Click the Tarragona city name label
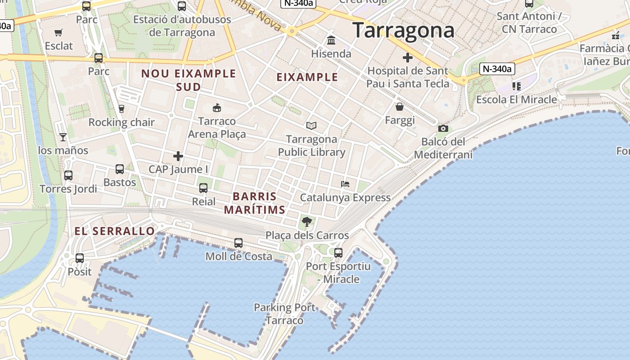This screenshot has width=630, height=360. [403, 31]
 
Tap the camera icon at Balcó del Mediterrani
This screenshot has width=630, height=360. [443, 129]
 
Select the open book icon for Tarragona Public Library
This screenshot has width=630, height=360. [311, 126]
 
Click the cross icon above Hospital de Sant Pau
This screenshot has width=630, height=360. [408, 58]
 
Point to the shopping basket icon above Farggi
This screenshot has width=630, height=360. [400, 107]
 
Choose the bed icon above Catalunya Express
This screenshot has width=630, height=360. [345, 184]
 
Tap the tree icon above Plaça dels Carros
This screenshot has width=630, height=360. [307, 221]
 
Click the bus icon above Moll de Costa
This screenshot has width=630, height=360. [238, 243]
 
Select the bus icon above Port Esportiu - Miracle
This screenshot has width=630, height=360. [338, 253]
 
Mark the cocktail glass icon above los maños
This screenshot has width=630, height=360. [63, 137]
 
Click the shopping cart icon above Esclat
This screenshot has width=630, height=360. [58, 32]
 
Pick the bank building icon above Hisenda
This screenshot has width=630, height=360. [332, 40]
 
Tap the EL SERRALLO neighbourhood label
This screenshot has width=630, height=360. [115, 231]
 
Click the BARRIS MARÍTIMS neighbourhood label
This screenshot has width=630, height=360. [255, 203]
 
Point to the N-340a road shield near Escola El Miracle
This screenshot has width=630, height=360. [497, 69]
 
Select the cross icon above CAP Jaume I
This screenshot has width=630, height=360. [178, 156]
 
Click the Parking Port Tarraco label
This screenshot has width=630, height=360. [284, 314]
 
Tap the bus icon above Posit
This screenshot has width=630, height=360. [80, 258]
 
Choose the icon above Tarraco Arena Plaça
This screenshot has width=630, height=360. [217, 108]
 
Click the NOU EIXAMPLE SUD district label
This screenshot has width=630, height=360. [189, 80]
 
